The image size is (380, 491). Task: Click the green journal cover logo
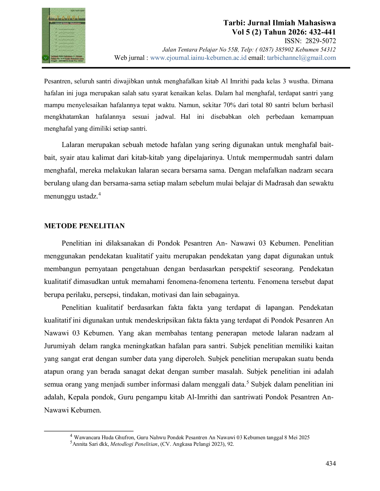point(63,35)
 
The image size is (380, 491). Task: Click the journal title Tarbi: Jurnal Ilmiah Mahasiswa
point(280,23)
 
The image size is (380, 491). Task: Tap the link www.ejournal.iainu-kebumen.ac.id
point(198,58)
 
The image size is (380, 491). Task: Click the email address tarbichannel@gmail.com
point(301,58)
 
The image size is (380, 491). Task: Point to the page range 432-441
point(322,32)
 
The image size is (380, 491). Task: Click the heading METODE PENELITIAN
point(84,226)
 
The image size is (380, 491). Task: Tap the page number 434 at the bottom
point(331,464)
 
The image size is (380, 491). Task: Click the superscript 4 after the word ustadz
point(99,193)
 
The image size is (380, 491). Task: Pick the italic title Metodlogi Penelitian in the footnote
point(134,444)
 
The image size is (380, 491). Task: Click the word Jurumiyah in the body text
point(60,346)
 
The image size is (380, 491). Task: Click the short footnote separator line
point(89,431)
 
